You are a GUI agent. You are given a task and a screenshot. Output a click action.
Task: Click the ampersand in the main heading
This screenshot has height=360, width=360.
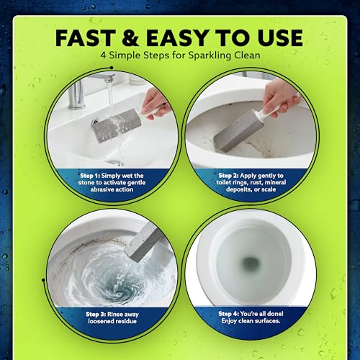130,37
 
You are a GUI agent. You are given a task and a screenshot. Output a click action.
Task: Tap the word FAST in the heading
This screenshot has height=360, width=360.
86,37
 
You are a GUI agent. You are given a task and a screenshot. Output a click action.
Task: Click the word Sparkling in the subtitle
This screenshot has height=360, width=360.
210,55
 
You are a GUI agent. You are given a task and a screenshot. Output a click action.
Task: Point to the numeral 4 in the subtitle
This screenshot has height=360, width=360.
103,55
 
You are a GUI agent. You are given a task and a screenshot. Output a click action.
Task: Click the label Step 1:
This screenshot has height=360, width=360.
90,176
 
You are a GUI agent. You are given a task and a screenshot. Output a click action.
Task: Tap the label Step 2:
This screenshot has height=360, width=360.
228,176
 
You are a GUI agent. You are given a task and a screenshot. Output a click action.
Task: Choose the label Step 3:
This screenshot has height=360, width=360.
96,314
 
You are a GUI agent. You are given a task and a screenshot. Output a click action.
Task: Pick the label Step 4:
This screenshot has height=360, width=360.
229,314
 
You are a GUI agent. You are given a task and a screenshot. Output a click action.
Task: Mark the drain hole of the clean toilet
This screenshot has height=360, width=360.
250,264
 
